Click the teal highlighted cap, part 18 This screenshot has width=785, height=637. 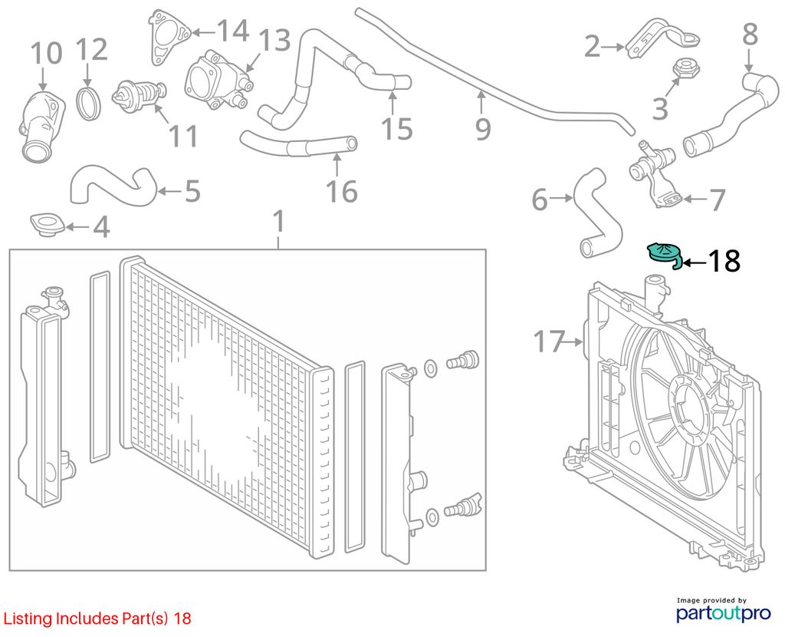click(x=663, y=253)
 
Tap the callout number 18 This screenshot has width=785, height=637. click(x=724, y=261)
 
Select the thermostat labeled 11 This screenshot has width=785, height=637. click(x=140, y=95)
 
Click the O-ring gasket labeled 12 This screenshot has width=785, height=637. click(x=89, y=104)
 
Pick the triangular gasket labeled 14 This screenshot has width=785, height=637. click(x=169, y=37)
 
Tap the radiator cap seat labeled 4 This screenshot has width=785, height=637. click(x=48, y=225)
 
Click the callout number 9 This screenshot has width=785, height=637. click(x=483, y=129)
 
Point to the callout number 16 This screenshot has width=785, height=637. click(x=342, y=191)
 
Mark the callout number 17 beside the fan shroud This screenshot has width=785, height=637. click(x=549, y=342)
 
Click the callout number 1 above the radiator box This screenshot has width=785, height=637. click(x=279, y=221)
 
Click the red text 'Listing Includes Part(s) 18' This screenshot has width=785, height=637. click(x=97, y=619)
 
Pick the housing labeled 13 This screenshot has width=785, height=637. click(x=218, y=80)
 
